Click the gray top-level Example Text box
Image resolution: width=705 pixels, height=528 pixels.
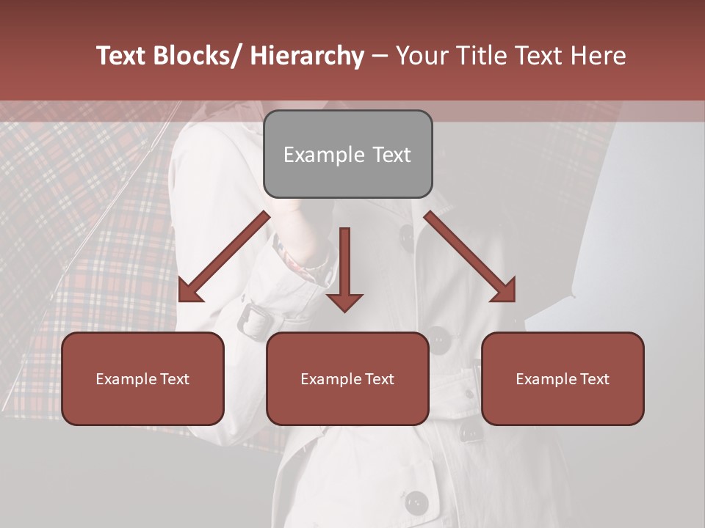[x=347, y=154]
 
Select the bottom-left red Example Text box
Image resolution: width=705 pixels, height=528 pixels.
[x=142, y=378]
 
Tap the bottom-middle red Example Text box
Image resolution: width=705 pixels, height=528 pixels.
[x=347, y=378]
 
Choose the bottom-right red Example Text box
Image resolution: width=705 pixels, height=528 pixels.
[x=563, y=378]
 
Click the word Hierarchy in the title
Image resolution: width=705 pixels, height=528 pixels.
[x=307, y=56]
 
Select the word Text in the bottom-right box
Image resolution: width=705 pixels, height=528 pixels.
[x=594, y=379]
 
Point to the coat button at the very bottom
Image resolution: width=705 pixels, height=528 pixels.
[x=417, y=503]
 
